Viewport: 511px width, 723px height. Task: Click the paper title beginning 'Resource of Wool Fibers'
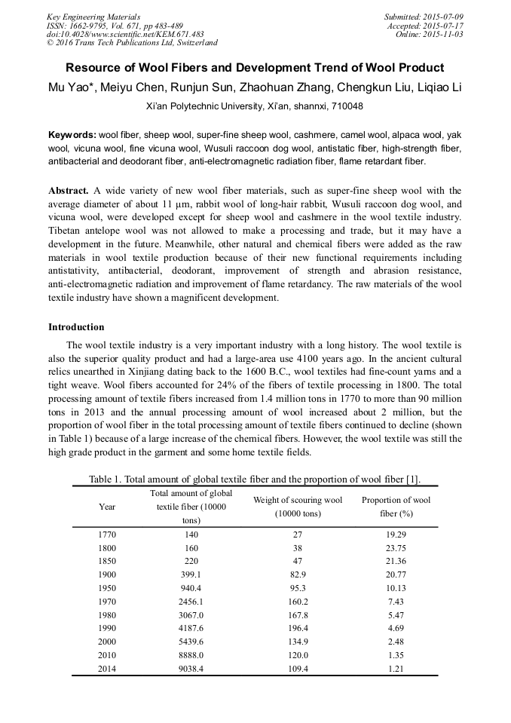(255, 68)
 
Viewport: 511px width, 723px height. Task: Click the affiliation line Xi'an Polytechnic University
(255, 106)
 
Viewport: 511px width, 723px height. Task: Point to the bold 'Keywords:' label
(72, 135)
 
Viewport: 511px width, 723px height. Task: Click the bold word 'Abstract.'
(69, 191)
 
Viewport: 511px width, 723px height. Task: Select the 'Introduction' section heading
(76, 327)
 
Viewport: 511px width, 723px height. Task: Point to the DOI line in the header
(125, 35)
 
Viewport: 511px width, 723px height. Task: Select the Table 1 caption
(255, 479)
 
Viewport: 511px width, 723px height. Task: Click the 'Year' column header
(108, 507)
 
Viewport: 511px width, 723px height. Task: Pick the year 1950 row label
(108, 588)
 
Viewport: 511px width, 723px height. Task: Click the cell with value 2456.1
(191, 602)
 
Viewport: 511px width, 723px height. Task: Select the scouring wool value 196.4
(297, 629)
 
